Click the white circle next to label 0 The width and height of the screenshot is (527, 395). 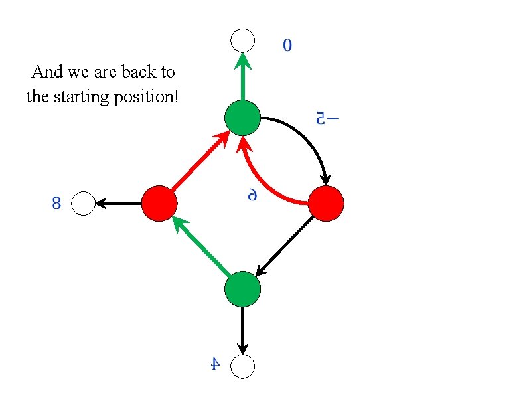coord(243,40)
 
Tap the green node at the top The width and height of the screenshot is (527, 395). coord(243,118)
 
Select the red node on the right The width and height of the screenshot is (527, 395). coord(327,203)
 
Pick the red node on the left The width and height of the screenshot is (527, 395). coord(159,203)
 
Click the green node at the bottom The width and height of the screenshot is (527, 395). coord(243,289)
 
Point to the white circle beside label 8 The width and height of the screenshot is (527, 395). coord(84,203)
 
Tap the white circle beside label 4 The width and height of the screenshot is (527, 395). coord(243,366)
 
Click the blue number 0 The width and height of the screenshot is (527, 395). coord(287,46)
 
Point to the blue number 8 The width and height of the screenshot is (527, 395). coord(56,204)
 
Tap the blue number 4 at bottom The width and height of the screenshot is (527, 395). coord(214,364)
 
